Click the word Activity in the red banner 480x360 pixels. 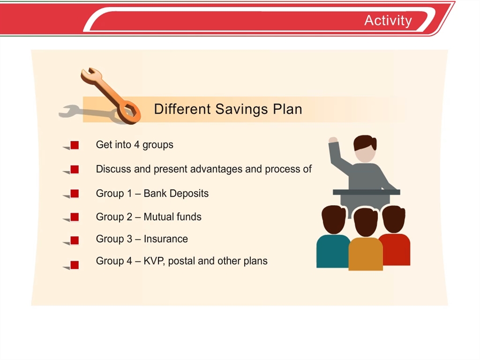point(388,21)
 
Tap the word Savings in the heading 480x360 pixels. point(241,110)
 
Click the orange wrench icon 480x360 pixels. point(111,96)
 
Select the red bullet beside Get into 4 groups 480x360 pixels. point(74,145)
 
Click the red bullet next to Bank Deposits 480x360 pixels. point(74,194)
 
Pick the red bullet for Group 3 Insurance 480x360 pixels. point(74,241)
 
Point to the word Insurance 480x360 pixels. point(166,239)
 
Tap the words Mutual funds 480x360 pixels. point(172,217)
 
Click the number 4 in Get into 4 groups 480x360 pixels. point(137,145)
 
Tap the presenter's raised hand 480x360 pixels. point(333,140)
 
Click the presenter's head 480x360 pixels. point(365,148)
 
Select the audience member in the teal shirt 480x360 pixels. point(333,237)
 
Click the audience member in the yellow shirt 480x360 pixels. point(365,239)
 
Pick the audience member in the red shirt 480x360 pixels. point(395,235)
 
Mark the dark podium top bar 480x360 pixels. point(366,192)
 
